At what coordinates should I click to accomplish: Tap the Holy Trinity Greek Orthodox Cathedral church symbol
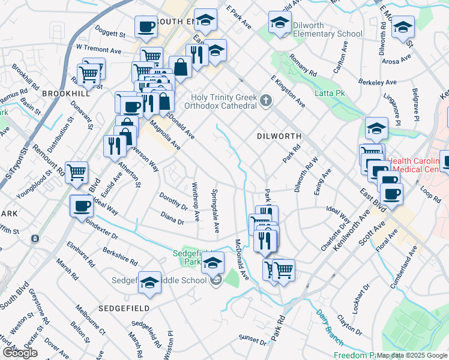pyautogui.click(x=266, y=102)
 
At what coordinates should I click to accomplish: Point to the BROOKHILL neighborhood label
pyautogui.click(x=66, y=94)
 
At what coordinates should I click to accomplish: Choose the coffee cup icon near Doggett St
pyautogui.click(x=146, y=26)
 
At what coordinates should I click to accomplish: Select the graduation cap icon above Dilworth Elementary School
pyautogui.click(x=279, y=22)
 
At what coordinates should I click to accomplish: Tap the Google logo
pyautogui.click(x=20, y=353)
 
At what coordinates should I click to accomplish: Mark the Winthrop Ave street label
pyautogui.click(x=195, y=200)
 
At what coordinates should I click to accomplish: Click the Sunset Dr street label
pyautogui.click(x=252, y=340)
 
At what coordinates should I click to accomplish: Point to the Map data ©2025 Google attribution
pyautogui.click(x=412, y=355)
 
